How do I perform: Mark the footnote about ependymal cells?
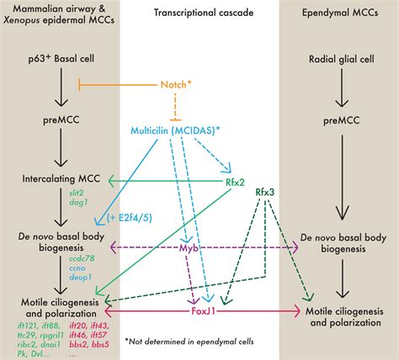(200, 342)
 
